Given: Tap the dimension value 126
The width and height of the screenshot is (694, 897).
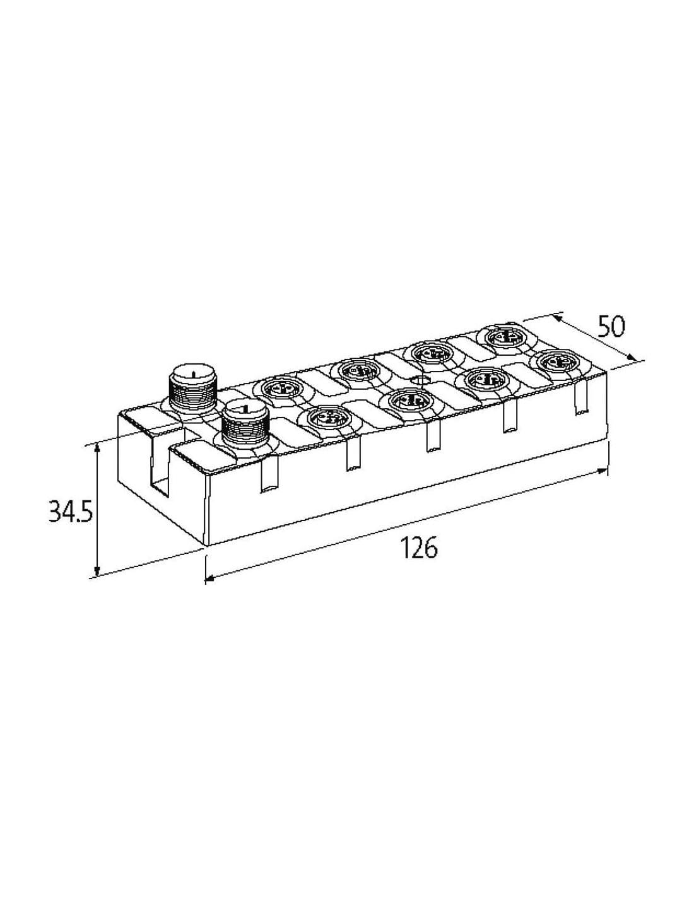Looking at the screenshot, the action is click(x=419, y=548).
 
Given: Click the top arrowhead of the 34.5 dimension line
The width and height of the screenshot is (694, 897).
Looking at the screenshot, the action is click(x=97, y=448).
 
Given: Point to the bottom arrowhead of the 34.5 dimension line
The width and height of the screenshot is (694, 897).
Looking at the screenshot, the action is click(x=97, y=570).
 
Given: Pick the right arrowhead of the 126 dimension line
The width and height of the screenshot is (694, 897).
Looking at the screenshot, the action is click(x=603, y=471).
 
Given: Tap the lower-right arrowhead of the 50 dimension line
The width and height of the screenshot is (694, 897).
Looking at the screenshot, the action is click(x=630, y=358).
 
